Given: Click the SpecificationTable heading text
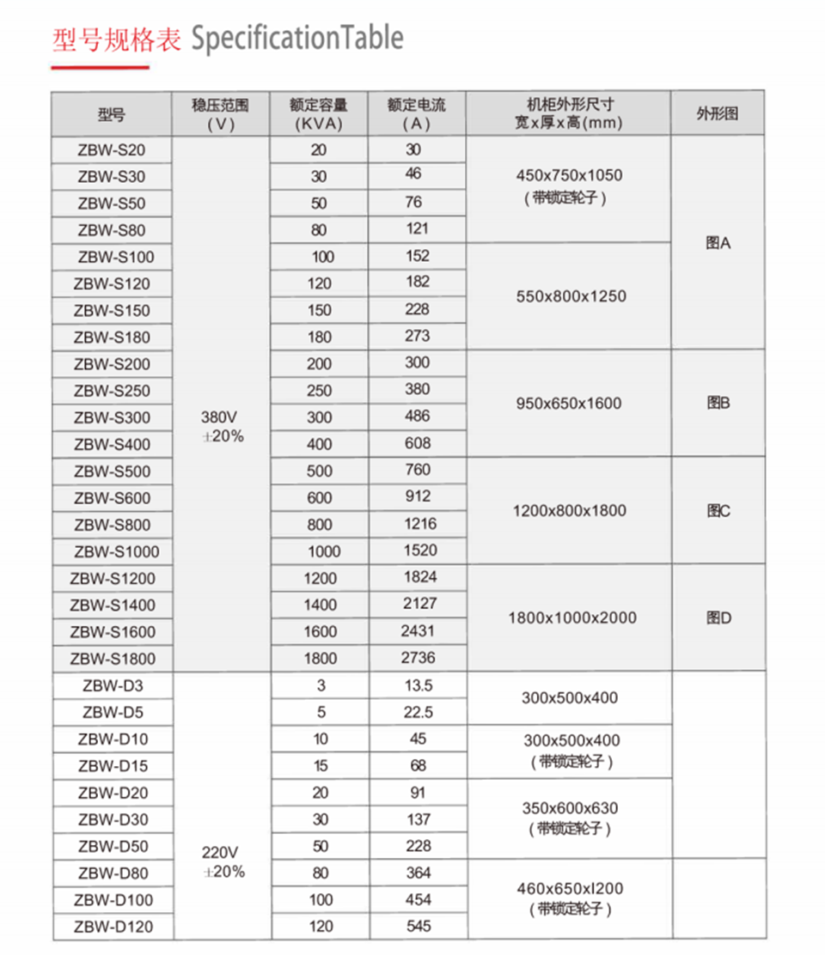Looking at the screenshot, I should [x=296, y=39].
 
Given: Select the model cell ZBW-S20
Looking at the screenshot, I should [x=111, y=149].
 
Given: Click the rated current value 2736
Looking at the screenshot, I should [x=418, y=658].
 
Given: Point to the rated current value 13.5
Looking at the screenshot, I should [x=418, y=685].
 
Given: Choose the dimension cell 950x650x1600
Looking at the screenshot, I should [x=568, y=403].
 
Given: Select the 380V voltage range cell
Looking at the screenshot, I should [x=222, y=426].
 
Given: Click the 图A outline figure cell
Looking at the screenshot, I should [x=718, y=243].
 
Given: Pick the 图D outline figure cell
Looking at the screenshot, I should [x=718, y=617].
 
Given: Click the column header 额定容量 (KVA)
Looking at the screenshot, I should [x=319, y=113].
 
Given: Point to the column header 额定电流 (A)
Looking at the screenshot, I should [x=417, y=113].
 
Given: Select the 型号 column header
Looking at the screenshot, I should [x=112, y=114].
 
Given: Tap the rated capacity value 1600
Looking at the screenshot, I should [x=320, y=631].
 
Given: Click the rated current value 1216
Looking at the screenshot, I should [x=418, y=524].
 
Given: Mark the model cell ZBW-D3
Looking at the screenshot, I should [x=113, y=685].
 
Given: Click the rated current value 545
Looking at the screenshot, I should [x=418, y=927].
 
